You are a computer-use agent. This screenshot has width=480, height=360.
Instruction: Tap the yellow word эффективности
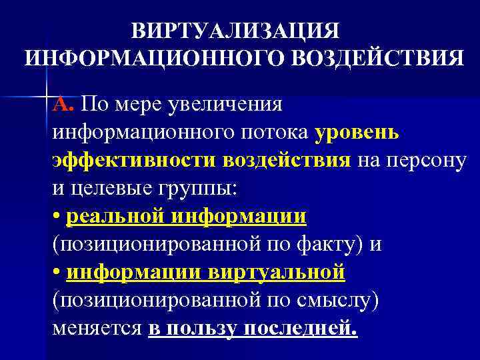pyautogui.click(x=134, y=160)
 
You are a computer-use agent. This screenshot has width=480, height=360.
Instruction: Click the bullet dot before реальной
pyautogui.click(x=56, y=217)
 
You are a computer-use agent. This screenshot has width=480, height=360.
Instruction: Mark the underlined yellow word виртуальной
pyautogui.click(x=288, y=273)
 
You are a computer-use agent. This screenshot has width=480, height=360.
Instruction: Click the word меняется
pyautogui.click(x=97, y=329)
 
